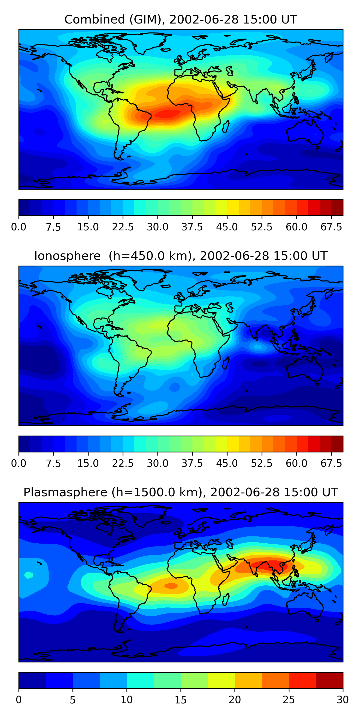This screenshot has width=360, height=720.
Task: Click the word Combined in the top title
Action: (x=95, y=20)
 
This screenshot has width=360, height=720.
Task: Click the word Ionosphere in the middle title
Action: (x=67, y=256)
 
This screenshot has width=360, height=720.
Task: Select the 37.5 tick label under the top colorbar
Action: (x=192, y=227)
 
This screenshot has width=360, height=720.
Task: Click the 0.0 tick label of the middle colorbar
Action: (x=19, y=463)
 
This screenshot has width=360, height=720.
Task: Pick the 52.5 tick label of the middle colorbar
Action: (x=262, y=463)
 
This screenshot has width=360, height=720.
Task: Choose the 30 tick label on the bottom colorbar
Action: (x=343, y=700)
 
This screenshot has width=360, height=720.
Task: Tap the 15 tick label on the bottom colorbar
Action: (x=180, y=700)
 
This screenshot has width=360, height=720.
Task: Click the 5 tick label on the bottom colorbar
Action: (x=73, y=700)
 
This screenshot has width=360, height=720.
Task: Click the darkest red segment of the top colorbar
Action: (x=337, y=207)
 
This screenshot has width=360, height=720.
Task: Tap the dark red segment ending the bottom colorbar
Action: (x=329, y=680)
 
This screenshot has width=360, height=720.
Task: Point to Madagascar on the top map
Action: (x=226, y=126)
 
